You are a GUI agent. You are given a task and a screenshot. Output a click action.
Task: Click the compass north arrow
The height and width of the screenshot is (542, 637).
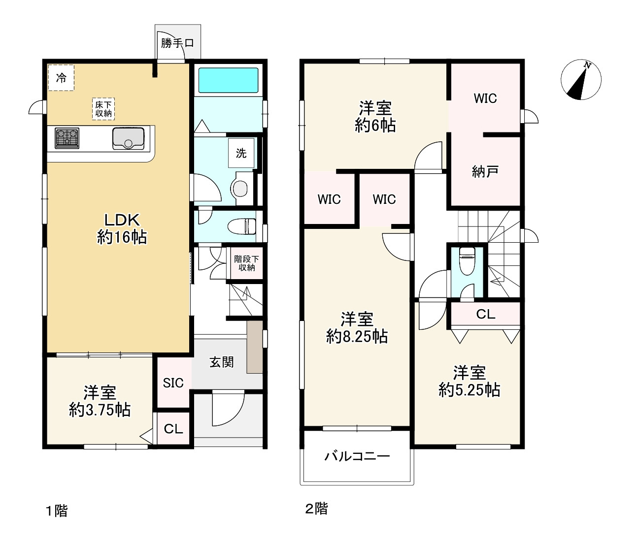point(581,79)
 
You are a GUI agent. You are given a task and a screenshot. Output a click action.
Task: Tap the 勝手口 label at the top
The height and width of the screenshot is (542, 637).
point(177,43)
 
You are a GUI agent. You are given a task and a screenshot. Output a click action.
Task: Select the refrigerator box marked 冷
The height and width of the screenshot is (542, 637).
point(61,78)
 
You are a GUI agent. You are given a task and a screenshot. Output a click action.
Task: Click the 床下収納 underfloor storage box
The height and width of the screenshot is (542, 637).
point(103,109)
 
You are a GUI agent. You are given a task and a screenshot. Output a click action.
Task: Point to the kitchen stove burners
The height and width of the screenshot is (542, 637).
point(67,138)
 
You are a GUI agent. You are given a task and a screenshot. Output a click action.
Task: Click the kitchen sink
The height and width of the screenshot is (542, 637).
point(128,138)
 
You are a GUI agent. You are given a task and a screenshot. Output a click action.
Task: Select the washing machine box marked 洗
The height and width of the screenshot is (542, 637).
point(241,153)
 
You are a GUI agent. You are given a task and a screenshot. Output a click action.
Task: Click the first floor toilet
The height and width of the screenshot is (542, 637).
point(242,226)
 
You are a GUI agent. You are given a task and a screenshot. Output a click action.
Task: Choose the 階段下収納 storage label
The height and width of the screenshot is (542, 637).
point(246,263)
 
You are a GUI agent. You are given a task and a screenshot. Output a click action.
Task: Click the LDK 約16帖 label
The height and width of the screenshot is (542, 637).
point(122,228)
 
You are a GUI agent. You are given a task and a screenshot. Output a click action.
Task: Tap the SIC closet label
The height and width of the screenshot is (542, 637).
point(173,383)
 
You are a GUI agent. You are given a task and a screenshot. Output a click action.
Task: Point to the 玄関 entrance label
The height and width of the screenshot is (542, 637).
point(222,362)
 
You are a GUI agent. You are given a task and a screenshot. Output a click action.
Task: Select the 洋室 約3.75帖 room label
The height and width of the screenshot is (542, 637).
point(100,402)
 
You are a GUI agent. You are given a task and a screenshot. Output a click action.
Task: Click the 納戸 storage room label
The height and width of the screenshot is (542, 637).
point(485,171)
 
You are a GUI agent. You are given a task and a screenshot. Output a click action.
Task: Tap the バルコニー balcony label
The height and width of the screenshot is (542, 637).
point(357,456)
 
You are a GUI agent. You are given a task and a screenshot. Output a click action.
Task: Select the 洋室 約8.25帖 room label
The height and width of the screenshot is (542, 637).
point(357,328)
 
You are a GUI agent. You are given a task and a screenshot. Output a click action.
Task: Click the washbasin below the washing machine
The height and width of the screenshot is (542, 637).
point(240,188)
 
